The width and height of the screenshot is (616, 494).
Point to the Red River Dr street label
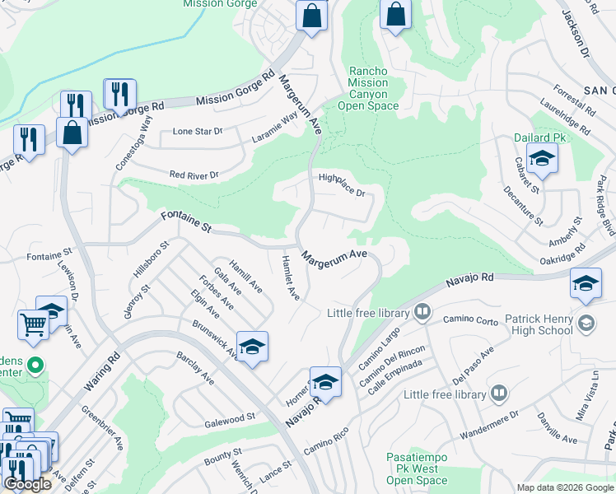point(194,175)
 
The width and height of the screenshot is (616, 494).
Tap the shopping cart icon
point(34,323)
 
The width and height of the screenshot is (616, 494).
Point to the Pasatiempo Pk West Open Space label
point(417,468)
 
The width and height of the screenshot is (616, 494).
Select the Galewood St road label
point(229,420)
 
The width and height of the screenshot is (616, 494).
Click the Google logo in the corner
point(28,485)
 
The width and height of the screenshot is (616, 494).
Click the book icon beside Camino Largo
point(422,312)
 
